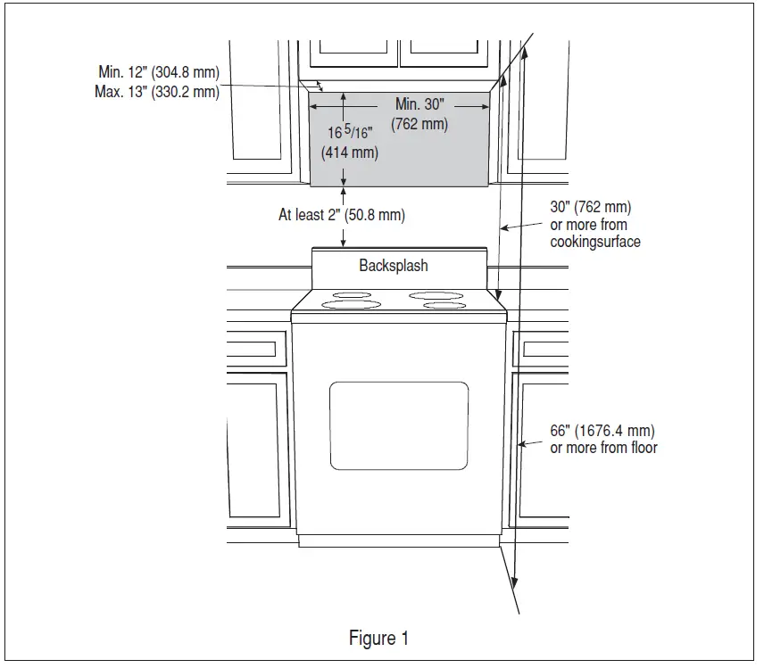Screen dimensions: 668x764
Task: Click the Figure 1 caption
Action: pos(378,639)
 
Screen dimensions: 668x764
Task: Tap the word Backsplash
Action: pos(394,266)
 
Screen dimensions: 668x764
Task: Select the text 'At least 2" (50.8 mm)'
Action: pos(342,216)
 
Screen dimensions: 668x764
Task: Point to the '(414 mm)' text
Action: pos(350,153)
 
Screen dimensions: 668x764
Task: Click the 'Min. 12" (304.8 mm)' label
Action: pos(159,71)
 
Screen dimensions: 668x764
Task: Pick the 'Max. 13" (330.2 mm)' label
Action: pos(157,91)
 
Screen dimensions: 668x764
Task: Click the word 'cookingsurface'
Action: pos(595,242)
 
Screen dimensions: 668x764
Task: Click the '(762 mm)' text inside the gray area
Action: pos(419,124)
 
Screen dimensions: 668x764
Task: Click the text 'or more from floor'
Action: pos(603,447)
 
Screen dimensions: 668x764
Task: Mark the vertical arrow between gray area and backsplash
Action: pos(344,217)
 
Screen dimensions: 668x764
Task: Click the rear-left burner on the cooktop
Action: pos(353,295)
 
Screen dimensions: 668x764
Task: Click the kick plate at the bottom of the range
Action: pos(398,540)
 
